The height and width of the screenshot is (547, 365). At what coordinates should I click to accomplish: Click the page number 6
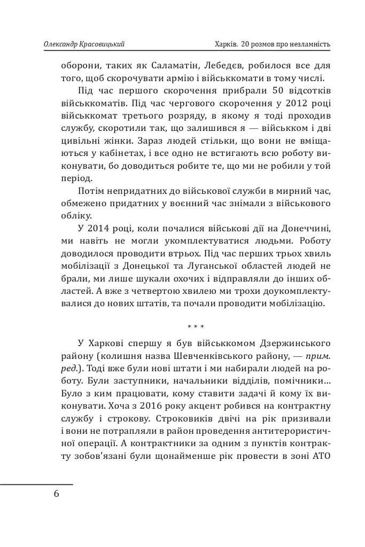(57, 493)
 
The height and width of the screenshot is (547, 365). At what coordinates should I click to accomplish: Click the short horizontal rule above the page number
(36, 485)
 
